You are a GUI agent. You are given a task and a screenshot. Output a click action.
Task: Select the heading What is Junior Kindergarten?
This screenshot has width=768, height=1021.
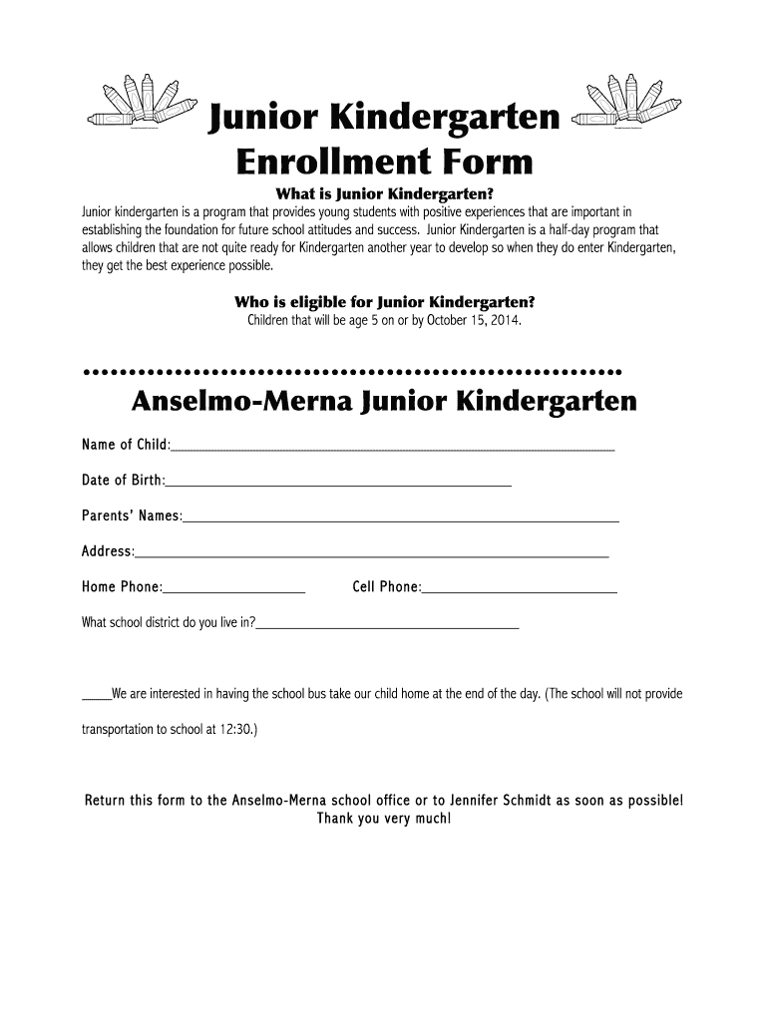pyautogui.click(x=384, y=193)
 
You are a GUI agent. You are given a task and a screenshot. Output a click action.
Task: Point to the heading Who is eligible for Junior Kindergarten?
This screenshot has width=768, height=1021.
pyautogui.click(x=384, y=302)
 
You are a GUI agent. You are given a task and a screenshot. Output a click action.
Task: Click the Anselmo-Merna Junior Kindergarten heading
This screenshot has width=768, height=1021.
pyautogui.click(x=384, y=402)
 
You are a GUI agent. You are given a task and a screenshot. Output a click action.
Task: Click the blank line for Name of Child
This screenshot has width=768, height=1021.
pyautogui.click(x=393, y=450)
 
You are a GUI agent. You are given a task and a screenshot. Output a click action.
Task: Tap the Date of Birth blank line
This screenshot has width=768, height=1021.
pyautogui.click(x=339, y=486)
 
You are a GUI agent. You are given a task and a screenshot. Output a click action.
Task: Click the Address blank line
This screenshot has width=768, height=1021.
pyautogui.click(x=372, y=556)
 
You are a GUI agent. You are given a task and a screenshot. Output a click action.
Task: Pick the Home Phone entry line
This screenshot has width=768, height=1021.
pyautogui.click(x=234, y=592)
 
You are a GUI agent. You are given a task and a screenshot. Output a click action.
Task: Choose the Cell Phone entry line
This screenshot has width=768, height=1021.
pyautogui.click(x=520, y=592)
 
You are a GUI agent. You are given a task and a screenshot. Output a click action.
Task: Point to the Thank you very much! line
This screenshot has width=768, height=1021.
pyautogui.click(x=384, y=819)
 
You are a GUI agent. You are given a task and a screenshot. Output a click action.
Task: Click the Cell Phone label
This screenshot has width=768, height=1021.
pyautogui.click(x=386, y=587)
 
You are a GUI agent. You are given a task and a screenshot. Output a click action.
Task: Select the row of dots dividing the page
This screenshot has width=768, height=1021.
pyautogui.click(x=354, y=371)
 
